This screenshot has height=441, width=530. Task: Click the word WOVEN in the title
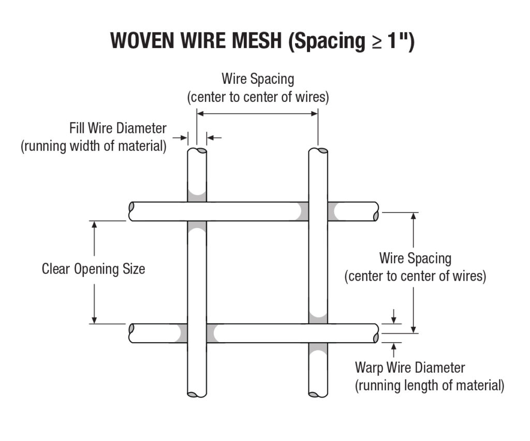point(142,41)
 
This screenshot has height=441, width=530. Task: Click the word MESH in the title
point(249,41)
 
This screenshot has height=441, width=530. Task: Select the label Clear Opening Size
point(93,269)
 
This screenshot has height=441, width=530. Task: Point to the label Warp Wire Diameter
point(410,368)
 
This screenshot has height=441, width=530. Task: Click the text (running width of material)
point(94,146)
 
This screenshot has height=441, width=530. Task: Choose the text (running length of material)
point(429,386)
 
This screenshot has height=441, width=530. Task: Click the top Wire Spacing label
point(258,79)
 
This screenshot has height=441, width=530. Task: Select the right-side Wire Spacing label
point(415,258)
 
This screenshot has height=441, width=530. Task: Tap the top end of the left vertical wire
point(197,151)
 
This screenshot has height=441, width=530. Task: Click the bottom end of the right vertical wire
point(318,393)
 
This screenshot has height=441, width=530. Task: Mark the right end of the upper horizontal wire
point(375,211)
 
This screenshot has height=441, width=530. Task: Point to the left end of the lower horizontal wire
point(132,333)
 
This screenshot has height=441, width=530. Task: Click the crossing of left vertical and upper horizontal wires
point(197,211)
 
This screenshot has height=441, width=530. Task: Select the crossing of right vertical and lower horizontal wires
point(318,333)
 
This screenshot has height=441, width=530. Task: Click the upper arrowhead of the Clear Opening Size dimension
point(94,224)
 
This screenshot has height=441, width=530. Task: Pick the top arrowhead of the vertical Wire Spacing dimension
point(413,216)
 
